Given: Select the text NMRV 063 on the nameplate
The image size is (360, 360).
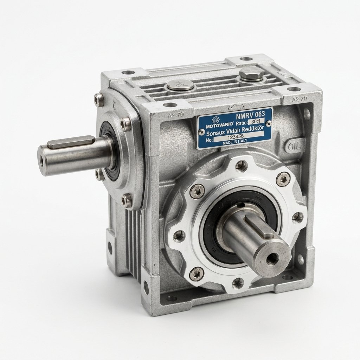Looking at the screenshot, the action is pyautogui.click(x=250, y=114).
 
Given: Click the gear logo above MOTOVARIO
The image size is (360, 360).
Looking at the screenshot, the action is pyautogui.click(x=216, y=120).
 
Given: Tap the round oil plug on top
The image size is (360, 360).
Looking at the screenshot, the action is pyautogui.click(x=180, y=86).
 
